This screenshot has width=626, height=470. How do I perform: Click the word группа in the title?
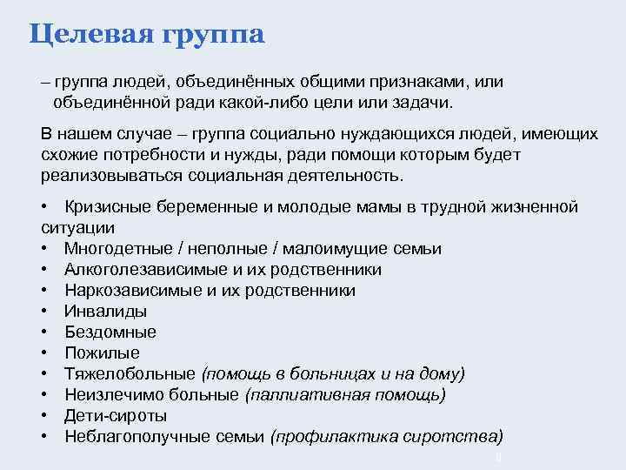coord(212,36)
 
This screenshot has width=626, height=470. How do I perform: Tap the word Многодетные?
coord(115,249)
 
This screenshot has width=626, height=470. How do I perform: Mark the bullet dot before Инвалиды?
coord(43,312)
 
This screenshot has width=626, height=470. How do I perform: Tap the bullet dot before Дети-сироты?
coord(43,416)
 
